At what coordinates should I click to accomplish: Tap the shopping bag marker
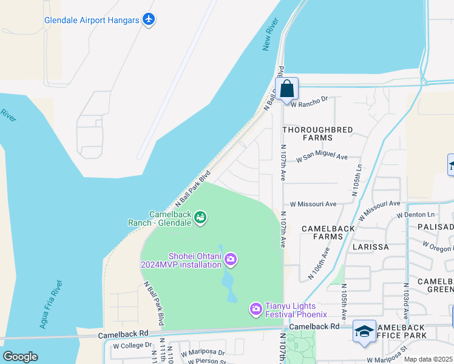point(288,89)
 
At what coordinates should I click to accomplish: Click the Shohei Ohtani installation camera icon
point(231,260)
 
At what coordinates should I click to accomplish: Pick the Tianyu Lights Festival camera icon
point(256,309)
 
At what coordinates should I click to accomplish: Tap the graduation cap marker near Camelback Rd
point(364,331)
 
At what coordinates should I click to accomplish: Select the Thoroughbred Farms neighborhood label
point(309,133)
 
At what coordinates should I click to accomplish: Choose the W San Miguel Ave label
point(322,158)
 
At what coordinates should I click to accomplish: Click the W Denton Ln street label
point(416,215)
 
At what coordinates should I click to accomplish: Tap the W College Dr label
point(132,345)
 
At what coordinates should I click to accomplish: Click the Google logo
point(20,357)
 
